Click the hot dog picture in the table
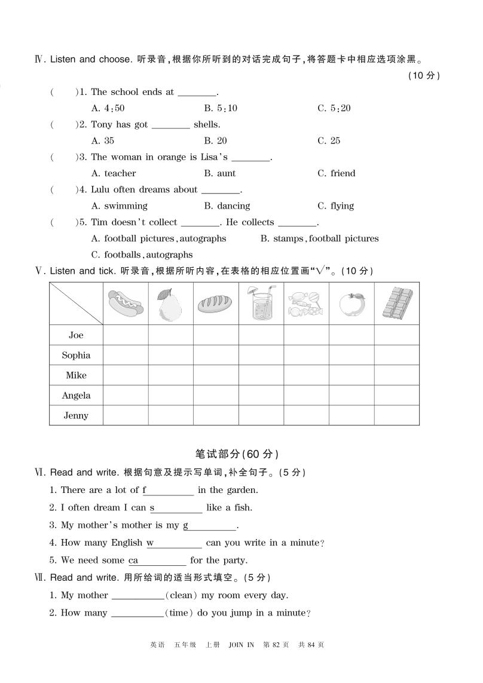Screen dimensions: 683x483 pos(126,304)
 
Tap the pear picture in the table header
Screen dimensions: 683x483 pos(170,304)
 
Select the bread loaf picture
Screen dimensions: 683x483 pos(216,304)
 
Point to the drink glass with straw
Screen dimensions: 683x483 pos(261,303)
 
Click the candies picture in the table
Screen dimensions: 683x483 pos(306,304)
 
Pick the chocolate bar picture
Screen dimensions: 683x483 pos(397,304)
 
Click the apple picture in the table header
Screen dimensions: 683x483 pos(351,304)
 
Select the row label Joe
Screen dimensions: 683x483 pos(76,335)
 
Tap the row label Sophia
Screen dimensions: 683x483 pos(76,356)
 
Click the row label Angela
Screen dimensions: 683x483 pos(76,396)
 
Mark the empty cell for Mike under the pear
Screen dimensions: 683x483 pos(170,375)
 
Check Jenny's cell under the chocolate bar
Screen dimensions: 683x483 pos(397,415)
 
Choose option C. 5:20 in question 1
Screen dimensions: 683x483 pos(334,108)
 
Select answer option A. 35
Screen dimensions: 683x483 pos(103,141)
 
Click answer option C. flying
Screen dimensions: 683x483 pos(335,206)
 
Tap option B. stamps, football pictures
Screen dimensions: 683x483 pos(319,238)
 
